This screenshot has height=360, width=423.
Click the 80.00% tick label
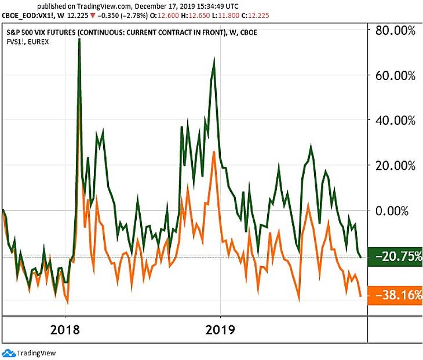coord(395,31)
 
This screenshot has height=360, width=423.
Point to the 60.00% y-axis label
coord(395,75)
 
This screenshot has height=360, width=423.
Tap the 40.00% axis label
coord(395,121)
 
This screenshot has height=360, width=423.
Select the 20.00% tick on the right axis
coord(395,165)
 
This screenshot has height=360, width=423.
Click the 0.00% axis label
coord(398,210)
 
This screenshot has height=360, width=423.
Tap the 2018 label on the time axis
coord(65,330)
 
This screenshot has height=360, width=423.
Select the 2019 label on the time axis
coord(220,330)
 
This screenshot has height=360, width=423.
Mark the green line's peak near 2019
coord(214,59)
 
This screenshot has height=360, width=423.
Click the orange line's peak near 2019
coord(214,152)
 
